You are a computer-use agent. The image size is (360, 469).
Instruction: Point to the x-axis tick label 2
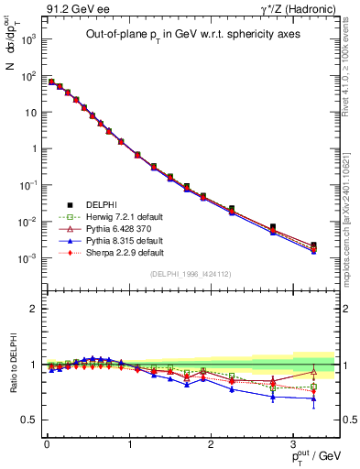(x=211, y=443)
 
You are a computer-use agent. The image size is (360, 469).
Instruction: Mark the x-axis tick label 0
(x=46, y=443)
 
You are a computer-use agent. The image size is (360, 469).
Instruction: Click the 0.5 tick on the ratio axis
(x=29, y=420)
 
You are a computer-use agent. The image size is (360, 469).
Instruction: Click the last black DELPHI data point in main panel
(x=314, y=245)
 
